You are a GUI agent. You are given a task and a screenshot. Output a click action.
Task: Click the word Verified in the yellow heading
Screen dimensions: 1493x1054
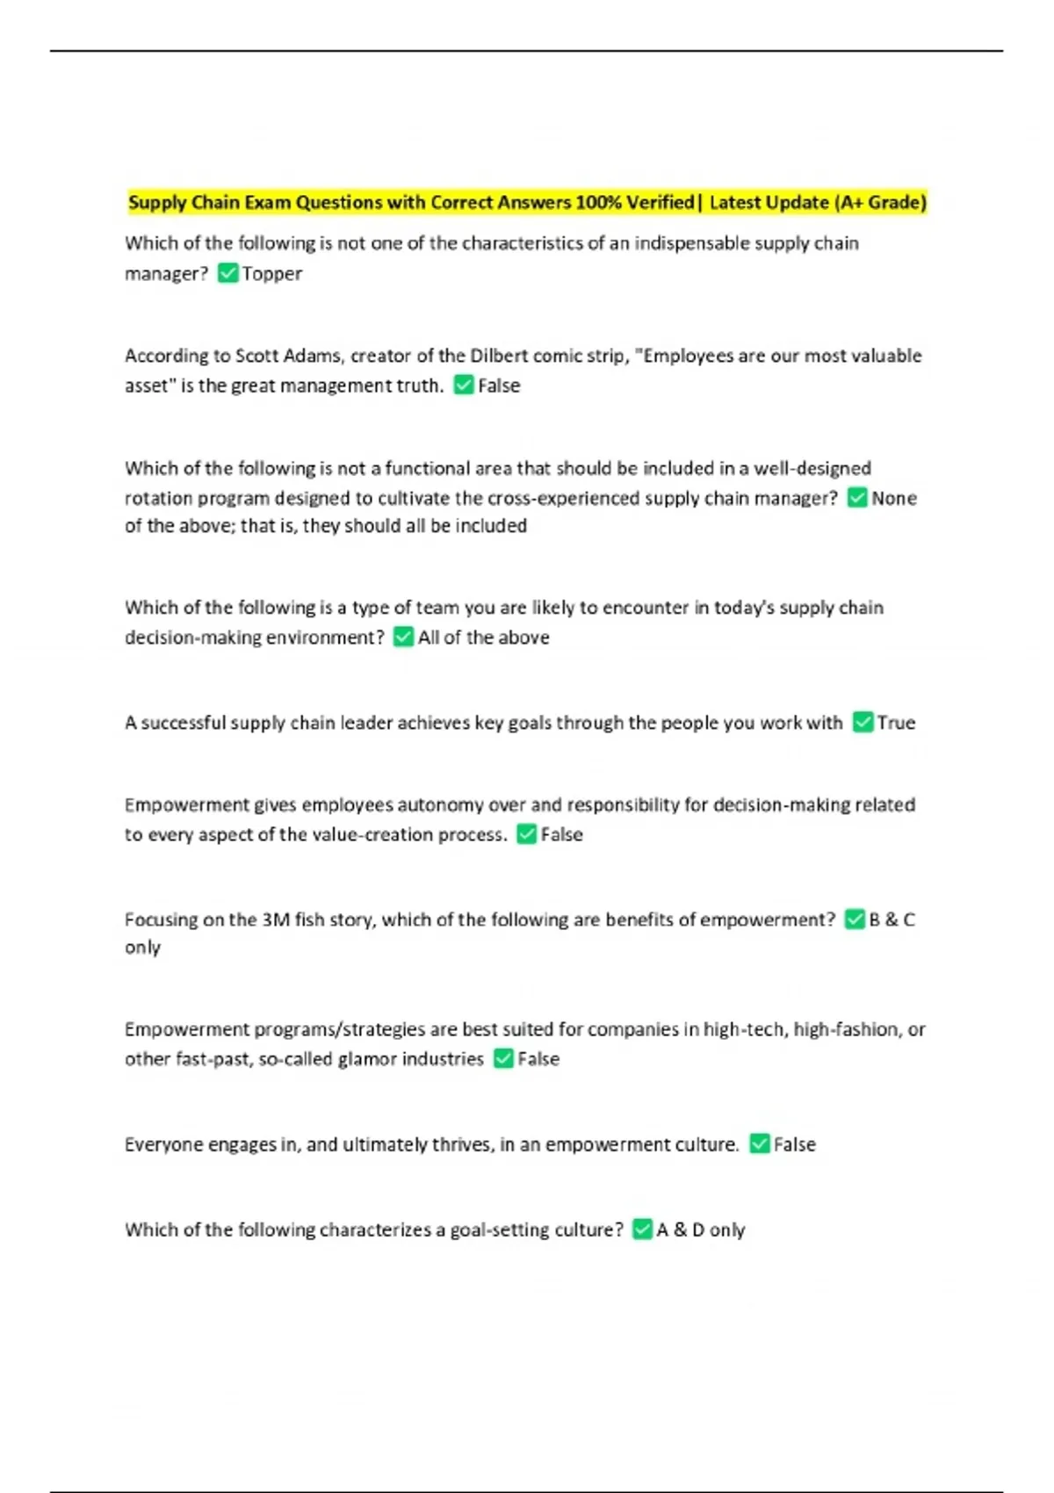click(x=660, y=203)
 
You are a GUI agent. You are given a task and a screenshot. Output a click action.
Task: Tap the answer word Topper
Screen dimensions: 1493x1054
click(x=272, y=274)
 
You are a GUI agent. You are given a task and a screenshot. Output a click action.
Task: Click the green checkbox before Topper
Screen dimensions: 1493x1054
click(x=227, y=273)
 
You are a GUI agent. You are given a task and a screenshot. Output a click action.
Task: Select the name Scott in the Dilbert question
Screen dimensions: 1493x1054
click(x=257, y=356)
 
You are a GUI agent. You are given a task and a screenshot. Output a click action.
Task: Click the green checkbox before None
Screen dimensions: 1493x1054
click(x=857, y=498)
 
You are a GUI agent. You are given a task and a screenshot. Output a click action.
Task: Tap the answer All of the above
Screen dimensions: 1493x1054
click(x=483, y=638)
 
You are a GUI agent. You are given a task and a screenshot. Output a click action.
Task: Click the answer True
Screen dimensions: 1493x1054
click(x=896, y=723)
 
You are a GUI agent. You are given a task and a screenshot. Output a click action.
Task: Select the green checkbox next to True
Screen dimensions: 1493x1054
click(x=863, y=722)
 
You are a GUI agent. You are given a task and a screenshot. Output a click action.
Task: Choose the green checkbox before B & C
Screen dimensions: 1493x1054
click(x=855, y=919)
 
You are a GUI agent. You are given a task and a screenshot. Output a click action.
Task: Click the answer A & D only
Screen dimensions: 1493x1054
click(x=701, y=1230)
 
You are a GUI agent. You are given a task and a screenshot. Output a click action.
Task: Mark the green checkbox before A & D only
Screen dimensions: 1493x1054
click(x=642, y=1229)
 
